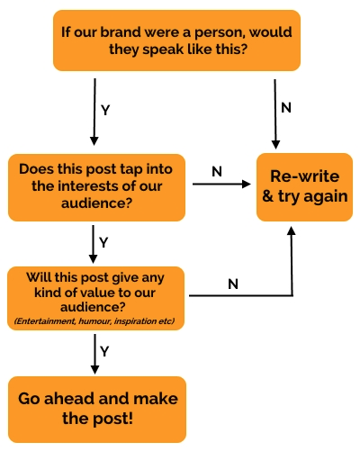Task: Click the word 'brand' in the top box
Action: click(121, 32)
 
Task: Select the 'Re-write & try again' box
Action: click(304, 187)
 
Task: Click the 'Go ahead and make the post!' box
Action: click(97, 410)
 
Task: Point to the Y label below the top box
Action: click(105, 110)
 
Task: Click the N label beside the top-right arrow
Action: click(286, 108)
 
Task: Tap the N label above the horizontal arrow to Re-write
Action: click(217, 172)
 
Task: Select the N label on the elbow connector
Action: click(233, 284)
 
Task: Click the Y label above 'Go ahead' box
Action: click(104, 351)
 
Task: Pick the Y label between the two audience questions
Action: click(103, 242)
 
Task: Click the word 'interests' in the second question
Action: click(90, 186)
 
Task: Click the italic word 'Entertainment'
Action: click(45, 321)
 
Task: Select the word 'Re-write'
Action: click(305, 176)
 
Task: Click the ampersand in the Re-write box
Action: click(268, 196)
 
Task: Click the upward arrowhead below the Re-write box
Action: click(292, 230)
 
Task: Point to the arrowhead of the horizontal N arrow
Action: click(247, 184)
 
